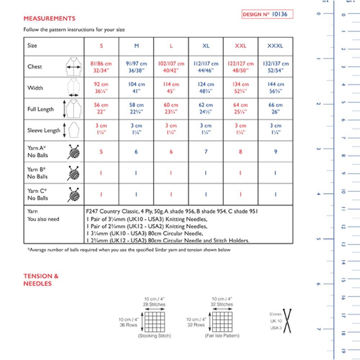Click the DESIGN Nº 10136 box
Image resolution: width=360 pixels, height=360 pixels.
pos(267,14)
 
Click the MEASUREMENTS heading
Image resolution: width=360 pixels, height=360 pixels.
pos(49,18)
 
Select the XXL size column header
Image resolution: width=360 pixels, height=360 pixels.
pos(240,46)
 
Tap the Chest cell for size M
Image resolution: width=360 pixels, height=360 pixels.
pos(136,67)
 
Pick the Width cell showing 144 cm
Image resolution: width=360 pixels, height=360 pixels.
pos(275,87)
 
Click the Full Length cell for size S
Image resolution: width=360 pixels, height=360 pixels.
pos(102,109)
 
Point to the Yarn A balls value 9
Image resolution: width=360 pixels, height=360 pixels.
pos(275,152)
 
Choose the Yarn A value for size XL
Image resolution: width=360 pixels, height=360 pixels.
pos(206,152)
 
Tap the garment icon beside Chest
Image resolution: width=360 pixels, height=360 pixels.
pos(73,67)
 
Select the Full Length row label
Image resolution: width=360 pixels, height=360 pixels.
pos(41,109)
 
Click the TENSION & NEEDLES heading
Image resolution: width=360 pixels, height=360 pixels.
pos(41,280)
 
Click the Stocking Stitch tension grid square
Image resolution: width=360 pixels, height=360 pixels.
pos(154,321)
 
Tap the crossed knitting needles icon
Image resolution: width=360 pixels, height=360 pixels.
pos(288,321)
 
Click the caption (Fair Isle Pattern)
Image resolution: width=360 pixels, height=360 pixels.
pos(222,336)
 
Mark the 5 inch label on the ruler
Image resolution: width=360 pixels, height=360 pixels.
pos(318,239)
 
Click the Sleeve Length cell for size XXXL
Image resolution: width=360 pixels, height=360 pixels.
pos(275,129)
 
